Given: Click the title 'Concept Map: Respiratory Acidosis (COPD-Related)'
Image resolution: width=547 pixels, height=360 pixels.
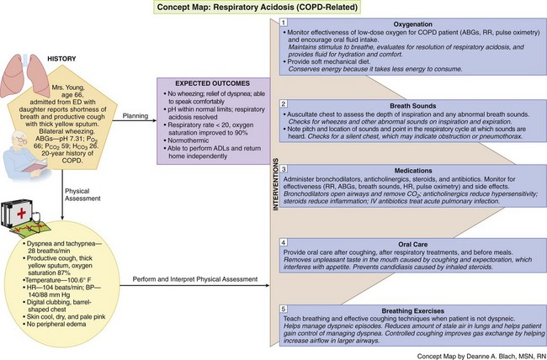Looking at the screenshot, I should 273,8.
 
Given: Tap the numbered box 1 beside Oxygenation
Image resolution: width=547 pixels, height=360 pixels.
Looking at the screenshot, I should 286,23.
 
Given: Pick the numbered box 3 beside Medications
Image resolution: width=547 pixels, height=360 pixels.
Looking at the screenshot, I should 286,168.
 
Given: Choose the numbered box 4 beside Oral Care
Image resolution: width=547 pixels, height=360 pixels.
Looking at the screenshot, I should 286,241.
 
